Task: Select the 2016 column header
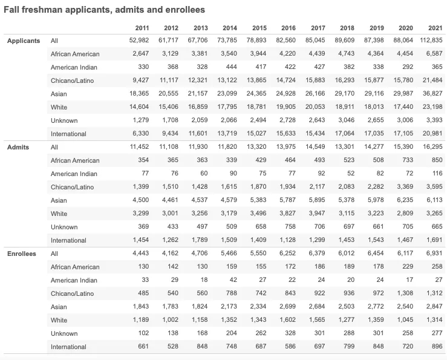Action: pos(289,28)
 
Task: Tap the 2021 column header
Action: pos(435,28)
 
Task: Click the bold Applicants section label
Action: pos(24,41)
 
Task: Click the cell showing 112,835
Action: pos(431,41)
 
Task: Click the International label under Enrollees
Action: pos(68,347)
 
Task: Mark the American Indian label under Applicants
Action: pos(74,67)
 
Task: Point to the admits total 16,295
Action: pos(433,147)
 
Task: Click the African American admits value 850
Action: pos(437,160)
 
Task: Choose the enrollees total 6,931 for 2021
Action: pos(435,254)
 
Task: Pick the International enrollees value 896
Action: pos(437,347)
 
